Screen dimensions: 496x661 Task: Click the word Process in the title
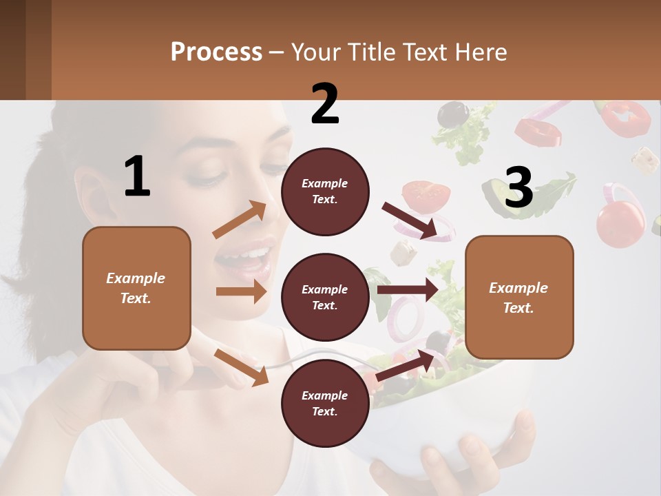pyautogui.click(x=216, y=52)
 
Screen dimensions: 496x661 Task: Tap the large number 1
pyautogui.click(x=137, y=176)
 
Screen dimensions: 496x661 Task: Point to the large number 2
pyautogui.click(x=325, y=104)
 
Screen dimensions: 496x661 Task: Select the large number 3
pyautogui.click(x=518, y=188)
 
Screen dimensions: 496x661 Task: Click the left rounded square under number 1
pyautogui.click(x=136, y=288)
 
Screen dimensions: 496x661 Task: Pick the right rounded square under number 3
pyautogui.click(x=519, y=297)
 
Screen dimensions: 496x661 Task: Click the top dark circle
pyautogui.click(x=325, y=192)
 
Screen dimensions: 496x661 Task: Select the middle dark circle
pyautogui.click(x=325, y=297)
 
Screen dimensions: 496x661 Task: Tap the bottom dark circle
pyautogui.click(x=325, y=403)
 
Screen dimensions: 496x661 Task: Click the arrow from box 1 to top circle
pyautogui.click(x=240, y=220)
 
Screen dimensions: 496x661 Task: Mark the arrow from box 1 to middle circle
pyautogui.click(x=241, y=291)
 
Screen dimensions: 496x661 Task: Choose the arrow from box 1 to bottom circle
pyautogui.click(x=241, y=367)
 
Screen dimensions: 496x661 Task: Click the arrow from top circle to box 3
pyautogui.click(x=409, y=220)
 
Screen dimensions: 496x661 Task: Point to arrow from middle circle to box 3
pyautogui.click(x=407, y=290)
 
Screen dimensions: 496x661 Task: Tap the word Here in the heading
pyautogui.click(x=481, y=52)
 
